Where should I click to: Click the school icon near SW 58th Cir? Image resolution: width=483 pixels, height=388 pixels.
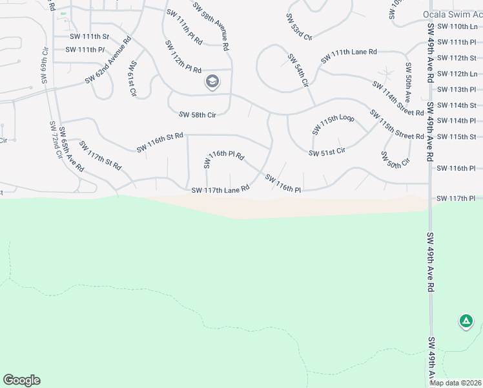212,81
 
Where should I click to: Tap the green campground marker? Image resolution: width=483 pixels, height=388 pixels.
466,320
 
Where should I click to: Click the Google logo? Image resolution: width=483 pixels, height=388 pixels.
21,380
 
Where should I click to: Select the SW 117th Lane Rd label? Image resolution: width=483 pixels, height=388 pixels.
220,189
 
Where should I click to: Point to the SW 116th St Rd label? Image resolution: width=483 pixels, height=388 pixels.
160,142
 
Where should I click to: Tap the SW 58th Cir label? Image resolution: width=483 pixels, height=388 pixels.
197,115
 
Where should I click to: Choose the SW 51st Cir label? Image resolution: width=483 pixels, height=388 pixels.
327,153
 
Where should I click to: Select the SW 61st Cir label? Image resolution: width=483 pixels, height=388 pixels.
132,78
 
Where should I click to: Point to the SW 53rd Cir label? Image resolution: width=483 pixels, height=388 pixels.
299,26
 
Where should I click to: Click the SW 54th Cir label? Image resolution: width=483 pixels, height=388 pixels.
298,70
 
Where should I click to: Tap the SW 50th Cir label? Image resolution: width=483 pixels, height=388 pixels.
395,158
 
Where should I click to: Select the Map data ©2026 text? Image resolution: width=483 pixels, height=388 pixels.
455,383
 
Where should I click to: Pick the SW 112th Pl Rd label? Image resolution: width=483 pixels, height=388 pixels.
183,57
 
